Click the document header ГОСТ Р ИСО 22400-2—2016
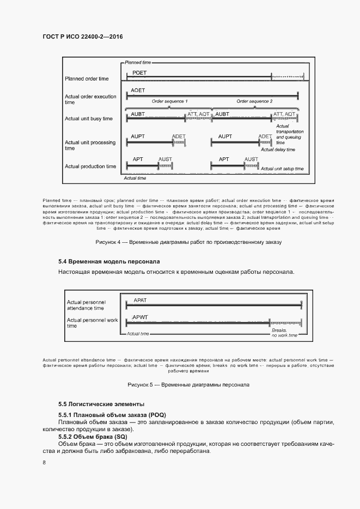[82, 36]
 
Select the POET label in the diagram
[139, 72]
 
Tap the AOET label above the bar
[138, 90]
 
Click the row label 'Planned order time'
[87, 79]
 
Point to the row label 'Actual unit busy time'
[89, 119]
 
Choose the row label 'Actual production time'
[90, 166]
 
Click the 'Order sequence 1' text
[169, 101]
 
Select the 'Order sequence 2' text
[254, 101]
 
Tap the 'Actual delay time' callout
[278, 150]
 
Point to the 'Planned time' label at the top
[138, 63]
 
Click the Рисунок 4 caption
[188, 241]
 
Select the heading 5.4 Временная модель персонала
[109, 261]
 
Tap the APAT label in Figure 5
[141, 300]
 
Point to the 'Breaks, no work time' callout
[284, 333]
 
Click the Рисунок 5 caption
[188, 384]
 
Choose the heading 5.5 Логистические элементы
[101, 404]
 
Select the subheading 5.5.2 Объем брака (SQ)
[93, 437]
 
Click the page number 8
[44, 463]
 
